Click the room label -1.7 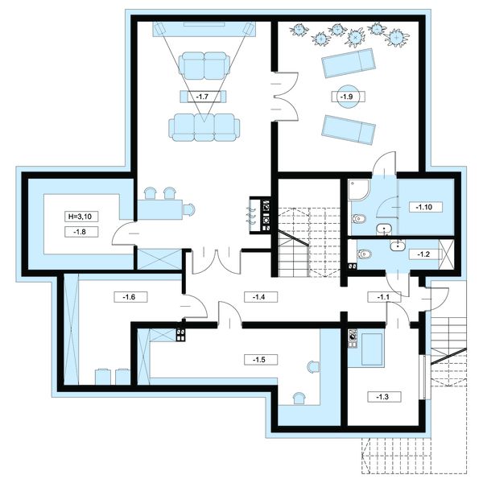click(202, 97)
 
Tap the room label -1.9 click(346, 97)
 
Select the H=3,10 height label click(80, 217)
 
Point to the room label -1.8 click(80, 232)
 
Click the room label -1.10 click(424, 208)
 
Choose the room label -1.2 click(423, 254)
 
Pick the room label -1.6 click(130, 297)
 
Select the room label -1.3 click(383, 397)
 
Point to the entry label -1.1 click(384, 297)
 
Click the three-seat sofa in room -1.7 click(204, 127)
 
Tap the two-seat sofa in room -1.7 click(204, 66)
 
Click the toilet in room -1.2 click(365, 254)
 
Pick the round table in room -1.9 click(348, 97)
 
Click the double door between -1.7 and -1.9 click(286, 97)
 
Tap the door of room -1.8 click(123, 233)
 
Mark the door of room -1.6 click(195, 306)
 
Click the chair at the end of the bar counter click(189, 210)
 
